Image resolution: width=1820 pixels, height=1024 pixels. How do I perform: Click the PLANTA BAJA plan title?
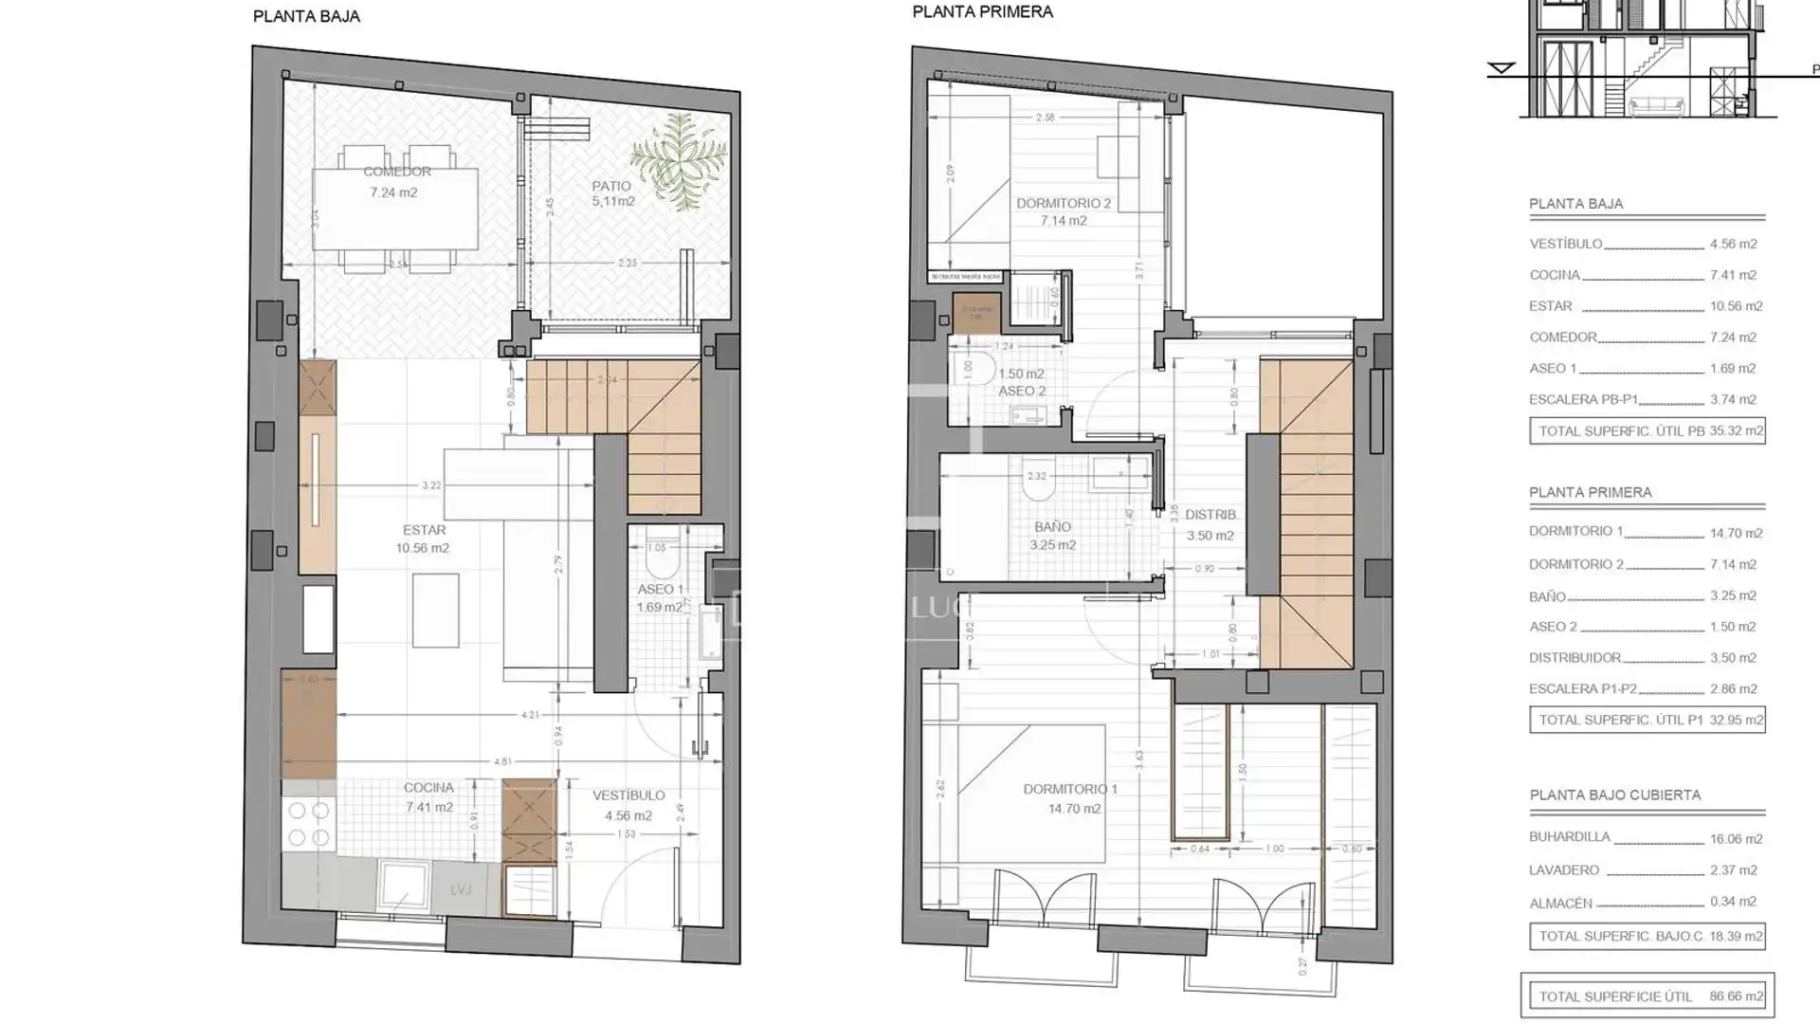click(306, 16)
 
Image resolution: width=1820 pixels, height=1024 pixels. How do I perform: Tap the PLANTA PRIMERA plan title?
click(982, 12)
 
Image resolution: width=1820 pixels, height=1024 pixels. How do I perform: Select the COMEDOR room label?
click(397, 172)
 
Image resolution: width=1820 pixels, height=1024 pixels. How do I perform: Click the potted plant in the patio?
click(678, 159)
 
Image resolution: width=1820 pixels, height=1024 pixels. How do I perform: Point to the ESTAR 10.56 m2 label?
click(423, 539)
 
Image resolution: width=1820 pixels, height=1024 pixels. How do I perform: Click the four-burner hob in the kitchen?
click(308, 824)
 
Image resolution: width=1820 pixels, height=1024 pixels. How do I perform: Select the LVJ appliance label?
click(462, 889)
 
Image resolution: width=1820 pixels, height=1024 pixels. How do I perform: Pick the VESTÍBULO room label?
click(628, 795)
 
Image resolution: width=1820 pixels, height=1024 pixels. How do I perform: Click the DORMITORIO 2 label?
click(1064, 203)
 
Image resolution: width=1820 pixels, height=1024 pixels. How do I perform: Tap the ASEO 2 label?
click(1022, 391)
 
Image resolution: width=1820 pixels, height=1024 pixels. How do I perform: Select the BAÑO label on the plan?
click(1052, 527)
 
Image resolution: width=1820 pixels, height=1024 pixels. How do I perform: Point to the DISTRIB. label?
click(1210, 515)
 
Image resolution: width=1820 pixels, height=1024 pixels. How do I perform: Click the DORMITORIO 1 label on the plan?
click(1070, 789)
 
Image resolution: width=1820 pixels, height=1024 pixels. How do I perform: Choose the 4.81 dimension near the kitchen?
click(502, 761)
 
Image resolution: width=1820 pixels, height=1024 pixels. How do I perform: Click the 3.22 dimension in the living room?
click(431, 485)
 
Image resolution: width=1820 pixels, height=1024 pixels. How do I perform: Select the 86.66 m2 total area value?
click(1737, 997)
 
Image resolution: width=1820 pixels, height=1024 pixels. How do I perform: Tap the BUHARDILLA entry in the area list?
click(1569, 837)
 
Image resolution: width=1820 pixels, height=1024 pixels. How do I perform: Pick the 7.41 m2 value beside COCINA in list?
click(1733, 275)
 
